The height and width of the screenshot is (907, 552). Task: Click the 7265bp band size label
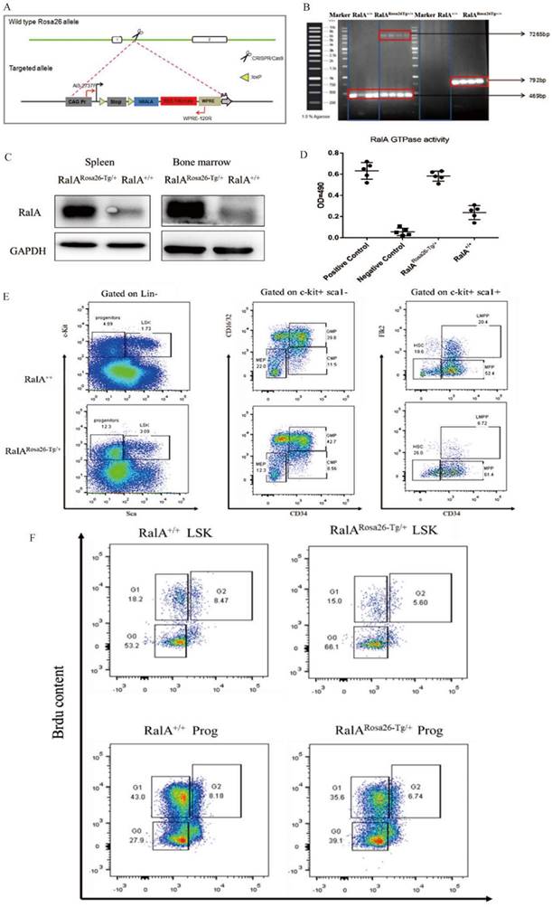point(523,34)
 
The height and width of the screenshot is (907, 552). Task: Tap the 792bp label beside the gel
point(523,79)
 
